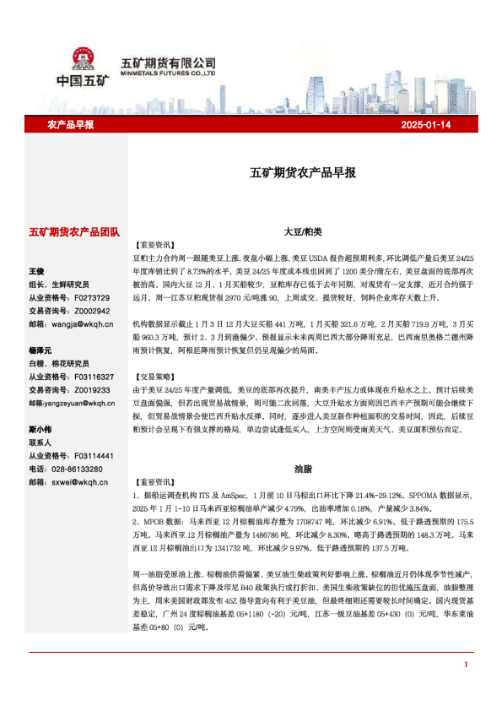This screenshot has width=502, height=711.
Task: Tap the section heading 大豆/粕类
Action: (302, 231)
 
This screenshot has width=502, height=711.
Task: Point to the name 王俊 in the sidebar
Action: (36, 272)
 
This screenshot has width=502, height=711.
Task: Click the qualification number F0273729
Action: (92, 297)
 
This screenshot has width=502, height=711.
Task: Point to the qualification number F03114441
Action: (94, 456)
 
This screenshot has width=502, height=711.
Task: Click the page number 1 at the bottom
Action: (466, 688)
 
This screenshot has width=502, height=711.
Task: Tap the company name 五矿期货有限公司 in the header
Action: (169, 62)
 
